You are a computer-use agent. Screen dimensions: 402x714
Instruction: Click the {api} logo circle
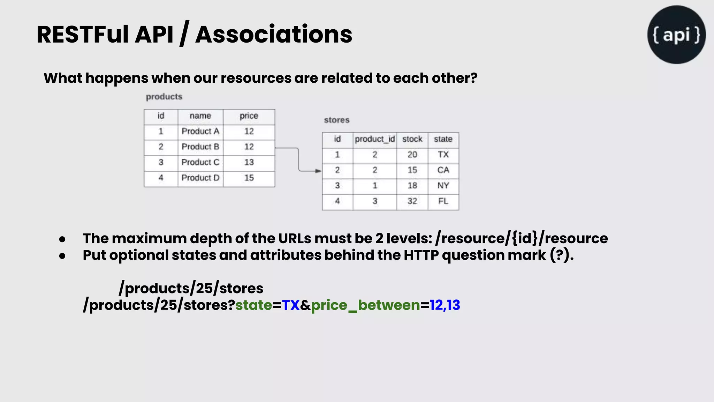pos(676,35)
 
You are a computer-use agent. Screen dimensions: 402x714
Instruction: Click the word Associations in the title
pos(274,35)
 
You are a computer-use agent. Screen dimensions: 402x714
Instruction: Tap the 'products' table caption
pos(164,97)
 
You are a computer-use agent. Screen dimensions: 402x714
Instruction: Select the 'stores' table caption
pos(336,120)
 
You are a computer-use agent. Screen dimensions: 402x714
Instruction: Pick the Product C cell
pos(200,162)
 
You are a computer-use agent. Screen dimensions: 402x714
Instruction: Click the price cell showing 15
pos(249,178)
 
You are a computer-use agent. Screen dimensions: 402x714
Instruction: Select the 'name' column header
pos(200,116)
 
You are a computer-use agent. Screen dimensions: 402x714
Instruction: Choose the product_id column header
pos(374,139)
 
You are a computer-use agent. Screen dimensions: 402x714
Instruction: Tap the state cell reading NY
pos(443,186)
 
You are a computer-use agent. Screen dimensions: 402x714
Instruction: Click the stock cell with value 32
pos(412,201)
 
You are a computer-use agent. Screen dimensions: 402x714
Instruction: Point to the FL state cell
pos(443,201)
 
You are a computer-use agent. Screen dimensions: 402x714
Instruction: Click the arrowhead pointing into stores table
pos(318,171)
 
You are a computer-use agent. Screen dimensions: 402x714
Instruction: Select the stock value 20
pos(412,155)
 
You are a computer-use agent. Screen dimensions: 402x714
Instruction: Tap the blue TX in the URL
pos(290,305)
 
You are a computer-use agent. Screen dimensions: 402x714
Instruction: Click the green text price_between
pos(365,305)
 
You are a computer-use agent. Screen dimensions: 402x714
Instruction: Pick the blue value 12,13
pos(445,305)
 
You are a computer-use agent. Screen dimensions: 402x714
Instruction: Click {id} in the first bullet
pos(524,239)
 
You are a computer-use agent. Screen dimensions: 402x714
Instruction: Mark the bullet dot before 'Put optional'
pos(62,256)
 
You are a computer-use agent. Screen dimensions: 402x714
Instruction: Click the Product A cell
pos(200,132)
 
